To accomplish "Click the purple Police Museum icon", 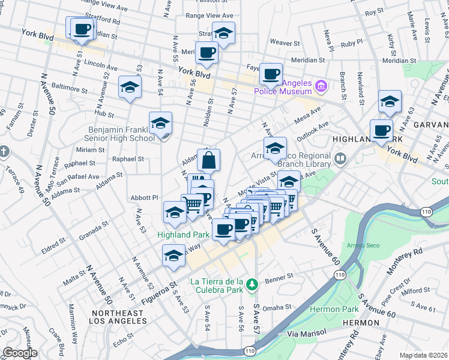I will coord(321,87).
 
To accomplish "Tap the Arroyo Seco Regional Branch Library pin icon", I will coord(341,159).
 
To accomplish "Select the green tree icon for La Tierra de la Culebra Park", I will coord(253,283).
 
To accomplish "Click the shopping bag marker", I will coord(208,161).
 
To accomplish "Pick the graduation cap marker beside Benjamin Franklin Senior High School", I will coord(160,124).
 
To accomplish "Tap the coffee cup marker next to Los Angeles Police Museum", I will coord(271,74).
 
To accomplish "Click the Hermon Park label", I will coord(334,309).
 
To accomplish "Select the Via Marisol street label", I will coord(306,332).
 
